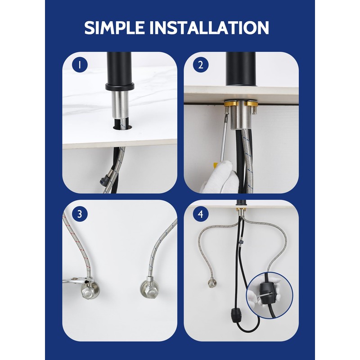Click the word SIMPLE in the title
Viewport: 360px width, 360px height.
115,27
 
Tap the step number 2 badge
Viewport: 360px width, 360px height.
201,65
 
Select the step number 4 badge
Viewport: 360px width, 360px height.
201,214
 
